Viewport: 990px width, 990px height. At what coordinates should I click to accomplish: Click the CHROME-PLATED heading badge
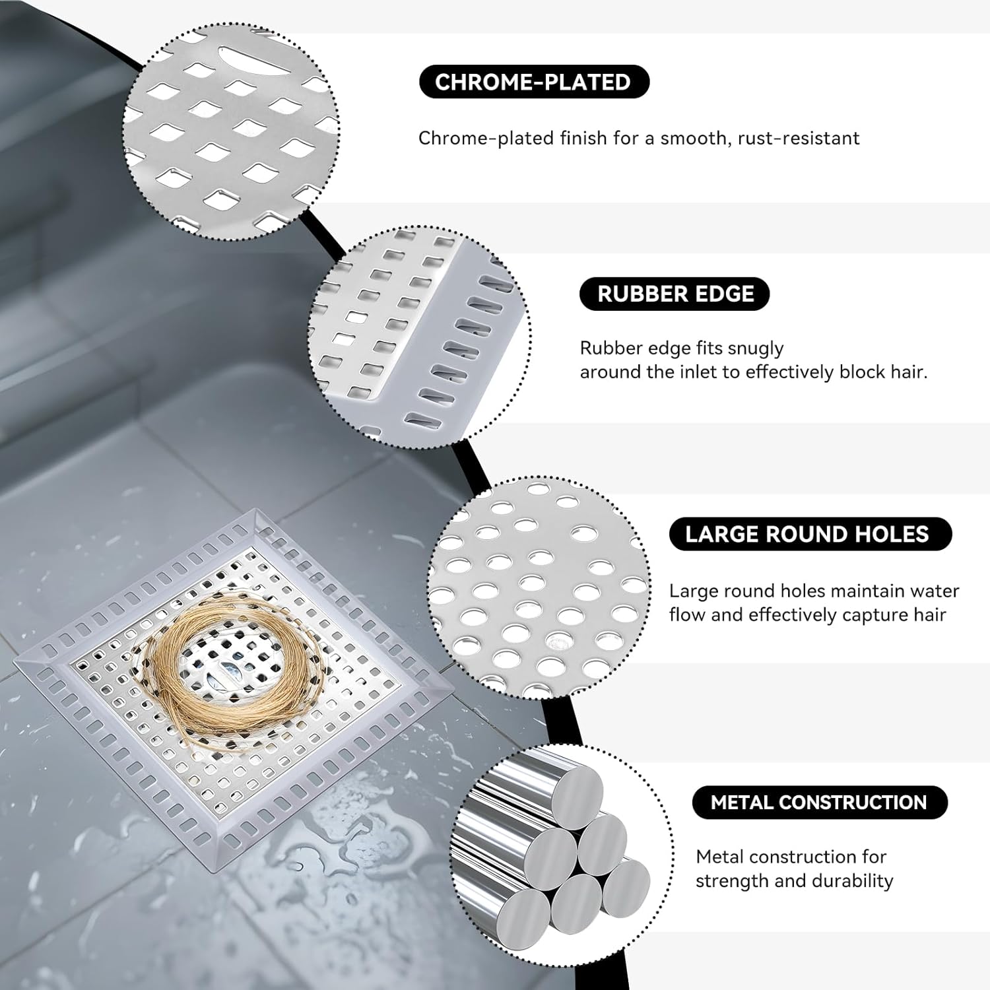click(534, 82)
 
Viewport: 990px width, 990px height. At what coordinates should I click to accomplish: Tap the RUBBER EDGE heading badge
click(675, 294)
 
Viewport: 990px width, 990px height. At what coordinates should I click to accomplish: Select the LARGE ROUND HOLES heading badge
click(810, 534)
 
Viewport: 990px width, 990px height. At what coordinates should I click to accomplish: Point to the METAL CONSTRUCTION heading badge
click(819, 803)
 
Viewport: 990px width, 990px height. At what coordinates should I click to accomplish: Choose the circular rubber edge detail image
click(420, 333)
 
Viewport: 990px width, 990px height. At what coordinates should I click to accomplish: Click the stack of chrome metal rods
click(561, 851)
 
